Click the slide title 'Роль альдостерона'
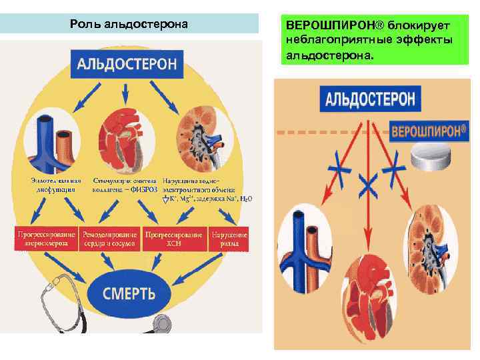pyautogui.click(x=129, y=25)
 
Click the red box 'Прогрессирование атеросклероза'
pyautogui.click(x=45, y=239)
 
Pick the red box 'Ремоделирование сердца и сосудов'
pyautogui.click(x=110, y=239)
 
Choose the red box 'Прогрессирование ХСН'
pyautogui.click(x=175, y=239)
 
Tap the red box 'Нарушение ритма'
pyautogui.click(x=229, y=239)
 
